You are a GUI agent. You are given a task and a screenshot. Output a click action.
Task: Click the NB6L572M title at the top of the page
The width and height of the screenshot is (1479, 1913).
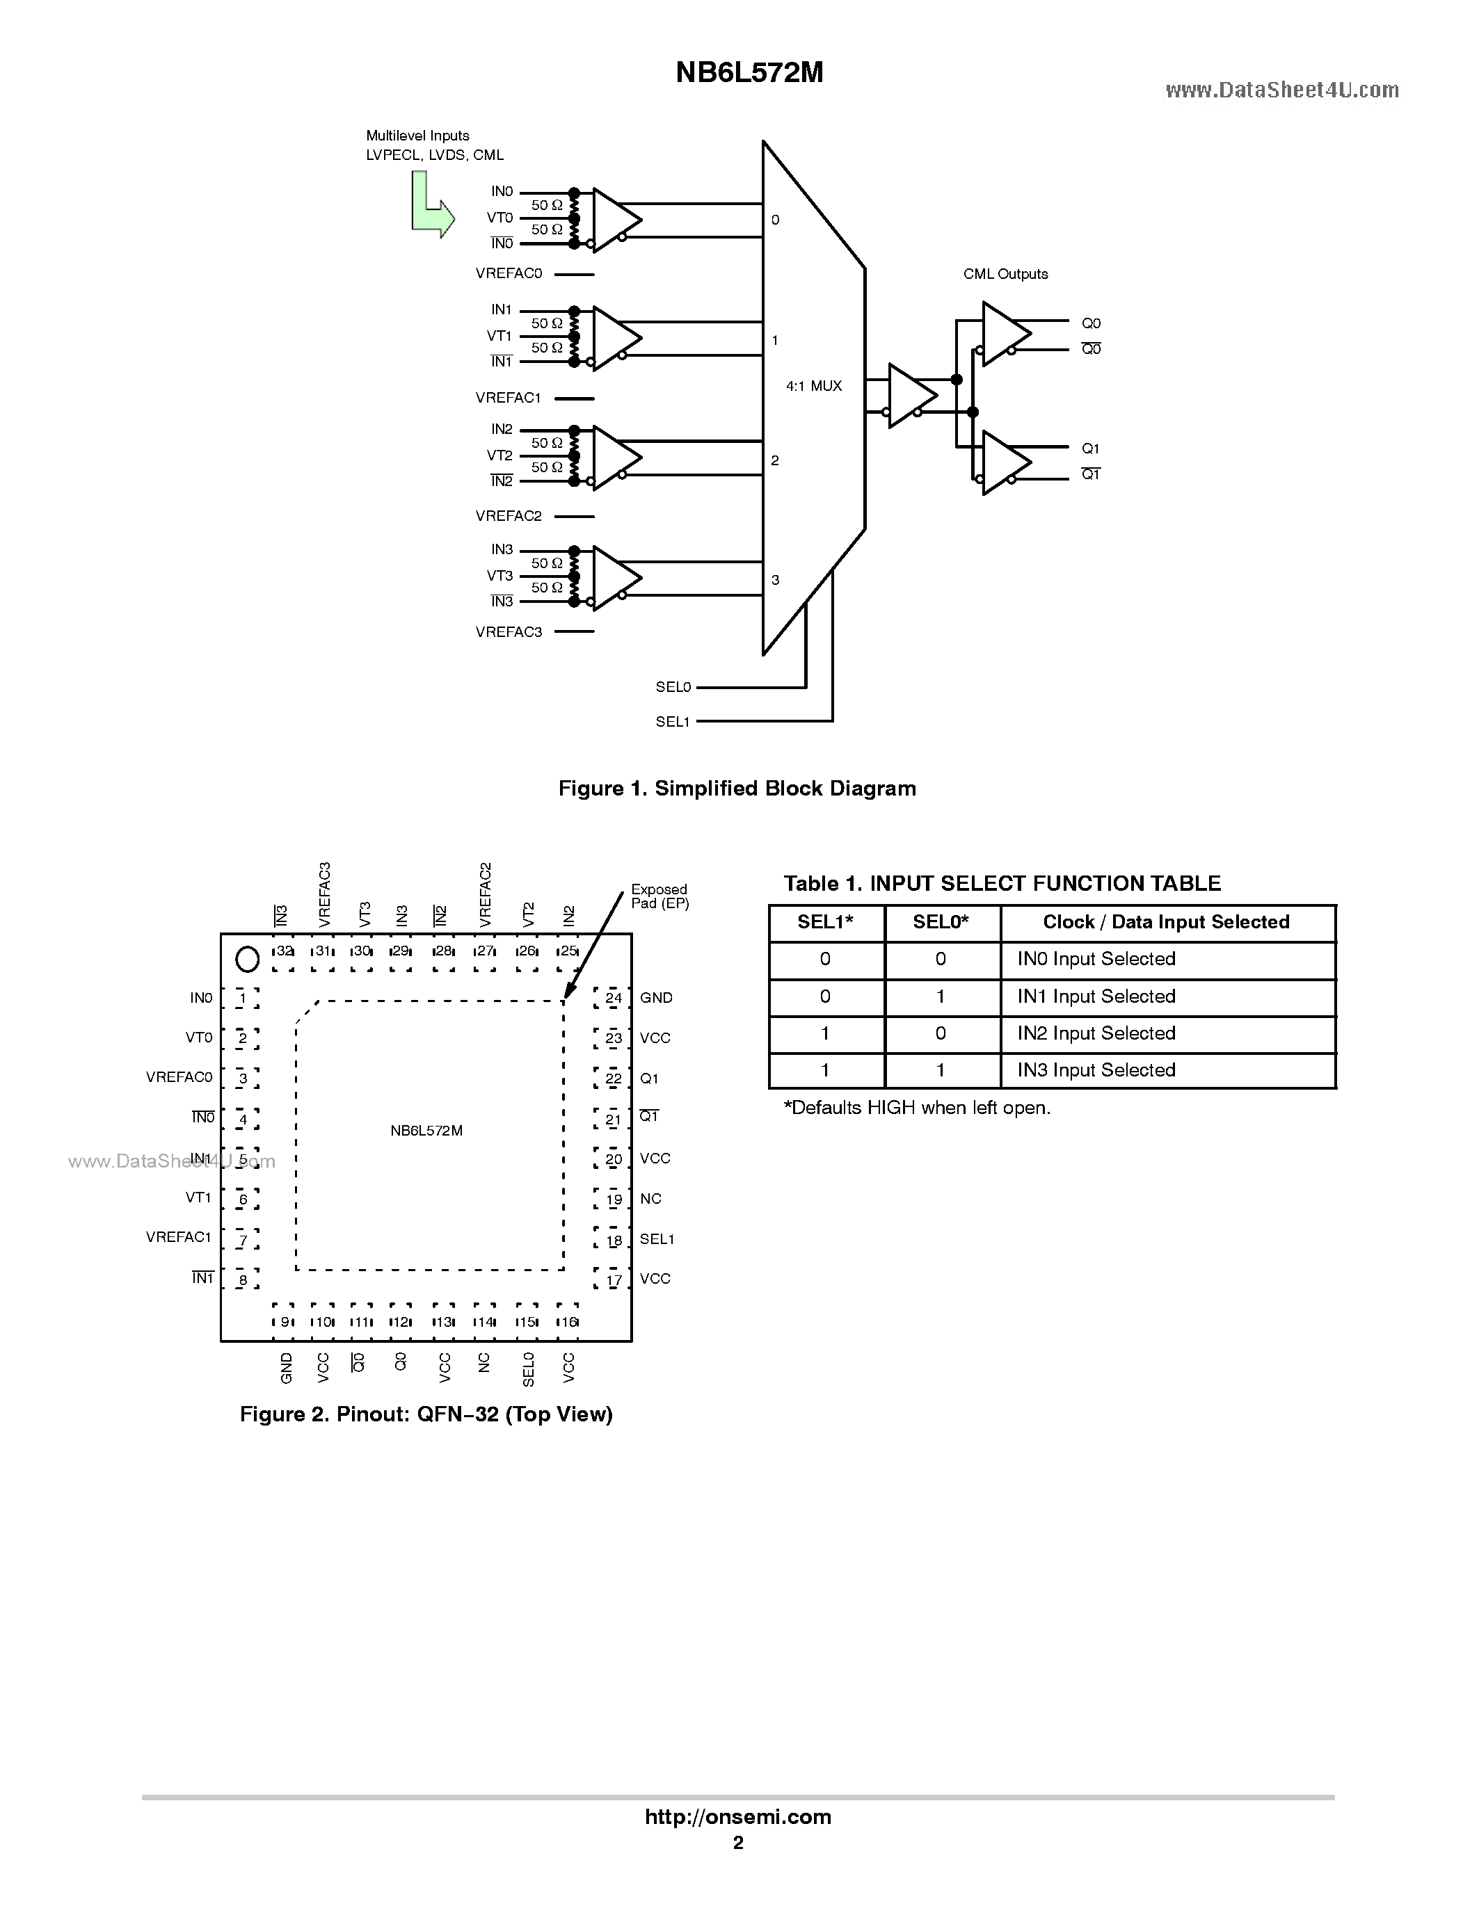749,73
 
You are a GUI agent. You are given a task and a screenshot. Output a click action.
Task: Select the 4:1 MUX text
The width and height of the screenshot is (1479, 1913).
813,385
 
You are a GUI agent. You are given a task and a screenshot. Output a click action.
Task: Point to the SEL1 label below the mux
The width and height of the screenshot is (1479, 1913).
672,722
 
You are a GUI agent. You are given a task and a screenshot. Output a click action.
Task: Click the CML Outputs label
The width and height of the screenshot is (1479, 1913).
1005,274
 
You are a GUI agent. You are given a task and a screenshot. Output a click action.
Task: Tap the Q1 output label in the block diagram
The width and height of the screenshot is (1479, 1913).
1090,449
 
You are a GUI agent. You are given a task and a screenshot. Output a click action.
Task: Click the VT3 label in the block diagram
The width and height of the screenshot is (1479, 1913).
499,576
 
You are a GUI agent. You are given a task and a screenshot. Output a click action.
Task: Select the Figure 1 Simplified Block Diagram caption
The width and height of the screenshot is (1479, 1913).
737,789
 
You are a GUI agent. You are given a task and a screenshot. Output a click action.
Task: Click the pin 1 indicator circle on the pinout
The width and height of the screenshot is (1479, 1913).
248,960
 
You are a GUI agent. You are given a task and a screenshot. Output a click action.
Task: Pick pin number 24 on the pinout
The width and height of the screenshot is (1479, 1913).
614,998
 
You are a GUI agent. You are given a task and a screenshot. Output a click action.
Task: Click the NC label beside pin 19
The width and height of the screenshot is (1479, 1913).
650,1198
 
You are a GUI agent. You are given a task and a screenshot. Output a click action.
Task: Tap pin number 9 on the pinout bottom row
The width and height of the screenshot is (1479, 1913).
285,1322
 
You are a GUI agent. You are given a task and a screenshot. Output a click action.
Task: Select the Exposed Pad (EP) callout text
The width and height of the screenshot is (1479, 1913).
659,896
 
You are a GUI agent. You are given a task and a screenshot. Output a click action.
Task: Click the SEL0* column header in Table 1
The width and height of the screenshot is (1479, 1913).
940,921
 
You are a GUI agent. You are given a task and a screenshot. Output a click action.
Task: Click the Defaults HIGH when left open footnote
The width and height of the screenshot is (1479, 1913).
916,1107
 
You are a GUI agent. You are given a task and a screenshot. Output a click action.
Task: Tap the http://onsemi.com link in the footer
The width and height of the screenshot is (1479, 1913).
737,1816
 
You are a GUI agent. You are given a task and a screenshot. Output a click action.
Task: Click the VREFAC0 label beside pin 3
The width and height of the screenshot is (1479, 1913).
179,1077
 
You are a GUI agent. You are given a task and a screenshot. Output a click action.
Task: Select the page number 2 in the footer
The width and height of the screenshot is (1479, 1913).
737,1842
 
